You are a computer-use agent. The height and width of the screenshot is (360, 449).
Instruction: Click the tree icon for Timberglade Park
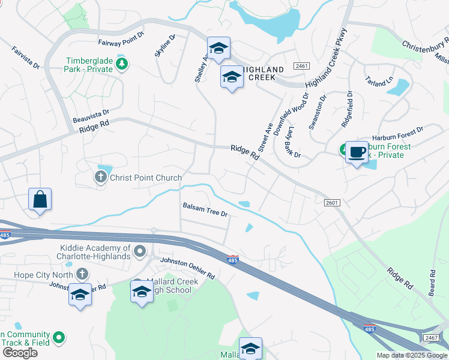pos(122,64)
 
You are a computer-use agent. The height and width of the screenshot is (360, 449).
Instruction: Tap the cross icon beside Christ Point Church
pos(100,177)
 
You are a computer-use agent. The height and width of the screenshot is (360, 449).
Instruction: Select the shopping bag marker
pos(40,200)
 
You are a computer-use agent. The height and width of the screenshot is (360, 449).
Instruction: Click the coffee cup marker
pos(357,152)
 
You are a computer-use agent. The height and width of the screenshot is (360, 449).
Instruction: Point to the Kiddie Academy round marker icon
pos(140,251)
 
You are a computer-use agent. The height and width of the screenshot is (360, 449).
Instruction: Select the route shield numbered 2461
pos(301,65)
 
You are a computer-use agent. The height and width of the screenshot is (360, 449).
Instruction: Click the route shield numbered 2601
pos(331,203)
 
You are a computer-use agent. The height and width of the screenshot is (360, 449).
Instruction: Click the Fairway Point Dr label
pos(121,43)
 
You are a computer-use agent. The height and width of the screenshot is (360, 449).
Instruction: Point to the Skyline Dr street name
pos(165,46)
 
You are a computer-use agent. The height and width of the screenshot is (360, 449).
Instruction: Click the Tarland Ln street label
pos(378,82)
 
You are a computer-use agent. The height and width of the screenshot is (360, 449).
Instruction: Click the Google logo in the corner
pos(19,353)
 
